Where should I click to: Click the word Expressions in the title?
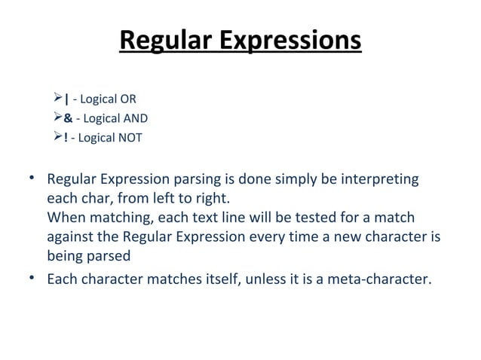point(290,40)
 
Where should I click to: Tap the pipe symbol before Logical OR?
point(67,99)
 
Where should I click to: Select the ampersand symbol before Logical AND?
point(68,118)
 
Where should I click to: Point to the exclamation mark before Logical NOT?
point(66,138)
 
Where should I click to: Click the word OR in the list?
point(128,99)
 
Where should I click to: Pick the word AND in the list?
point(136,118)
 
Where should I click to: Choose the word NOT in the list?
point(130,138)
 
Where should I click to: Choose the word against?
point(69,237)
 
